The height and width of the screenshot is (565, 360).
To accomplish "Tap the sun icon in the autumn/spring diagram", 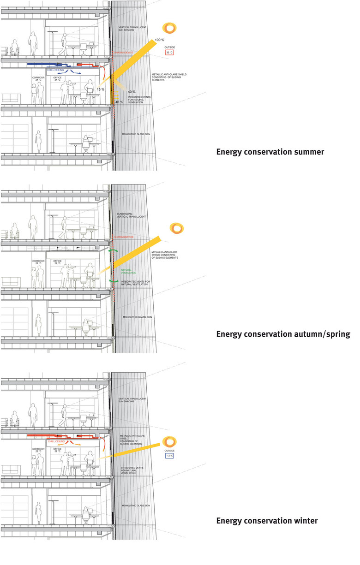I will [x=176, y=228].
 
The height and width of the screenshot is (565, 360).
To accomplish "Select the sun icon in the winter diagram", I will [x=169, y=442].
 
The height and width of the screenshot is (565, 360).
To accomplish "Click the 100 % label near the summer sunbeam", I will [x=160, y=41].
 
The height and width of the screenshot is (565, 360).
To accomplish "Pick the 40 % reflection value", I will [x=132, y=92].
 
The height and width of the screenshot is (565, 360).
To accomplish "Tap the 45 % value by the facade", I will [x=119, y=102].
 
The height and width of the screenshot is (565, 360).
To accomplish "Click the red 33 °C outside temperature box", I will [x=170, y=53].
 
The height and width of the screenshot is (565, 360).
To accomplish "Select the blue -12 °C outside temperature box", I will [x=170, y=456].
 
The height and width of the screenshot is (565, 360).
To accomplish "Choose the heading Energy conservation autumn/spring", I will [x=283, y=334].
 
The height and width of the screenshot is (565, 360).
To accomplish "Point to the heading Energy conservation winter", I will [x=267, y=521].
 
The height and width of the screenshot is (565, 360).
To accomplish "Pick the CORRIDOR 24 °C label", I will [x=38, y=78].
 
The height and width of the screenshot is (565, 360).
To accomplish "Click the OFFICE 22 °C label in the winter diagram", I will [x=58, y=450].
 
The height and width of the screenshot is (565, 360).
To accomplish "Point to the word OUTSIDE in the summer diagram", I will [x=170, y=47].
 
